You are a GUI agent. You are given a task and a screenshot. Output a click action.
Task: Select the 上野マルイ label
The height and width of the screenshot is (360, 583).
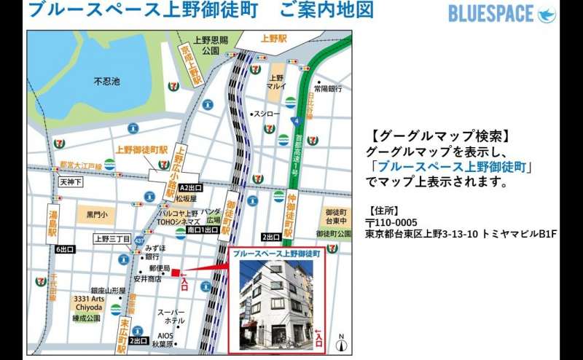[277, 82]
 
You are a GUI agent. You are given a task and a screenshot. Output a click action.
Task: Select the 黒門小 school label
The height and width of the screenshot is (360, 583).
[96, 214]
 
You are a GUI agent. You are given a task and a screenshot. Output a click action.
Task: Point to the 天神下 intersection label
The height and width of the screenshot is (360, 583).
[71, 181]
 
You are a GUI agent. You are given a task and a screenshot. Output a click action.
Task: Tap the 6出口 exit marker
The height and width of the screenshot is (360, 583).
[66, 249]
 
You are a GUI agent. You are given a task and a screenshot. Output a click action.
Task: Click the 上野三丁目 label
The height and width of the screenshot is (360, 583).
[112, 238]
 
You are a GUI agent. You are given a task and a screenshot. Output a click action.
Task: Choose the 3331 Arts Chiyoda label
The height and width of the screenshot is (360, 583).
[88, 303]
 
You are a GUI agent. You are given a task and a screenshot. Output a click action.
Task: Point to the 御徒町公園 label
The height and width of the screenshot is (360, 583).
[334, 233]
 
